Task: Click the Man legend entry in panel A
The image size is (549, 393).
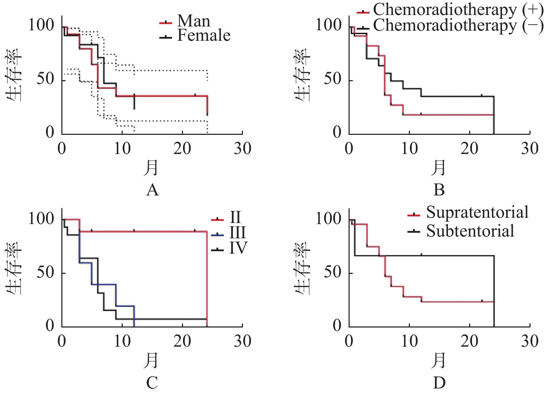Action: click(193, 21)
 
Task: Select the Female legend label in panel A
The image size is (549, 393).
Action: click(204, 36)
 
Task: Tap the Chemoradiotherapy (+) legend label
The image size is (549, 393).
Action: click(458, 10)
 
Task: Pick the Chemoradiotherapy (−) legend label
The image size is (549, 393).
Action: click(458, 26)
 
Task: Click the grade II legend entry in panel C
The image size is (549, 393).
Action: click(235, 217)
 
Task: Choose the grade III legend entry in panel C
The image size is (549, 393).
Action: click(237, 233)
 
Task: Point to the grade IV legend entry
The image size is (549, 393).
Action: click(238, 248)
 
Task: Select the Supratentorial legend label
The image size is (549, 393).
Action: click(477, 213)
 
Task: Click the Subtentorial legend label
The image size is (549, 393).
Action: click(470, 231)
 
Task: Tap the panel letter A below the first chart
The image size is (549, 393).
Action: click(152, 191)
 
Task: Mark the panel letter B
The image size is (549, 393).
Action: click(439, 191)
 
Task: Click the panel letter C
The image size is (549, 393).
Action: click(152, 383)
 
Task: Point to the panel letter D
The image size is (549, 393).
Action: click(439, 383)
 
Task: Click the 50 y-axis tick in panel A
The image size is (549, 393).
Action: click(45, 79)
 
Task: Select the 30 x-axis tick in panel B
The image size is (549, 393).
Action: click(529, 149)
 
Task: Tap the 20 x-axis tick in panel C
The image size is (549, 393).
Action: click(182, 341)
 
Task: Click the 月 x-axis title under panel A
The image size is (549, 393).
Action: click(151, 168)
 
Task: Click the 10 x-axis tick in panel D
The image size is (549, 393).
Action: click(409, 341)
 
